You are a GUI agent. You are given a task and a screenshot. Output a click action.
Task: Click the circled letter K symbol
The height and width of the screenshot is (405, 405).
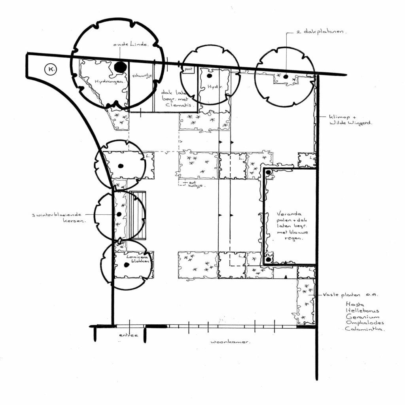(50, 70)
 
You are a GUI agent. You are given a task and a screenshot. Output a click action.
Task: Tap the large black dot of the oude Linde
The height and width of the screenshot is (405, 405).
(119, 67)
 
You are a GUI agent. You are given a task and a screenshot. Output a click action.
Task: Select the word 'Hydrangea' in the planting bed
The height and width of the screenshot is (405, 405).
(106, 81)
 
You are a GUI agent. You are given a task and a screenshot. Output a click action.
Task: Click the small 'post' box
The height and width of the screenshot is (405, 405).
(188, 69)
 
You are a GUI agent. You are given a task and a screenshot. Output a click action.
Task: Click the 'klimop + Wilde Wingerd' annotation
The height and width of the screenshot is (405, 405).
(350, 120)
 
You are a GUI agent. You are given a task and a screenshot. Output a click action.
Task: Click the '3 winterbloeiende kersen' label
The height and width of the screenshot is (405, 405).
(59, 218)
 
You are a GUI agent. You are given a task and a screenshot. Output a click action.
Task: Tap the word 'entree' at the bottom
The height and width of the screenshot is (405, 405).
(129, 335)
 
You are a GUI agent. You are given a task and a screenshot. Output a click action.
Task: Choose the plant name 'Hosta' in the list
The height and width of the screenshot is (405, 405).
(354, 304)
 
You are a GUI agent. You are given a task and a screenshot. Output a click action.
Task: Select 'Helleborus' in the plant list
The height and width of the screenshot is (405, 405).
(362, 310)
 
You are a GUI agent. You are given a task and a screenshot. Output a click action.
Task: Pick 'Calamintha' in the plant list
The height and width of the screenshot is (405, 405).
(365, 329)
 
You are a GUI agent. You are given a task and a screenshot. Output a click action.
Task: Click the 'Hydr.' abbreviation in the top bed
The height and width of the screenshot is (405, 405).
(213, 86)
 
